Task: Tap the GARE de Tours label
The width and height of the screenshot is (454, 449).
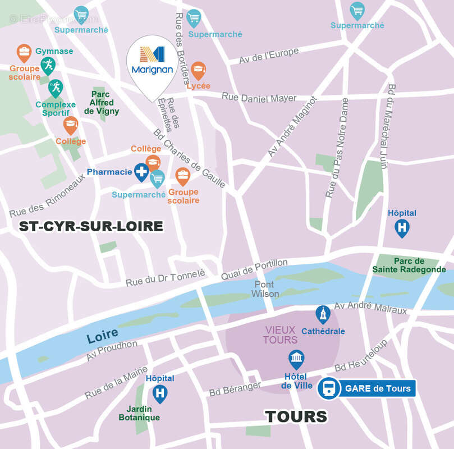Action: click(377, 388)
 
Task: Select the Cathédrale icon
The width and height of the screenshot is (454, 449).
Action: click(323, 315)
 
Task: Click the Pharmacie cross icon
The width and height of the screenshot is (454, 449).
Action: click(141, 172)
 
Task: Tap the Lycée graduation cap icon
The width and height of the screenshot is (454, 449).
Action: click(198, 71)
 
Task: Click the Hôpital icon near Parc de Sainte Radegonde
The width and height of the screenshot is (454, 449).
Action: click(402, 228)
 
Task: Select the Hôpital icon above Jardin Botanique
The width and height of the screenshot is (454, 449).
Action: click(160, 393)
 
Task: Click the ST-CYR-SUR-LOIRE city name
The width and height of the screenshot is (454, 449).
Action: click(91, 227)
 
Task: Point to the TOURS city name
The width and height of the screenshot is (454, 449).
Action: click(296, 416)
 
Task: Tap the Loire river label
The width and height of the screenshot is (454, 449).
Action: click(103, 336)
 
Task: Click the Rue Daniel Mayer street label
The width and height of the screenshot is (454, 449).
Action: click(259, 98)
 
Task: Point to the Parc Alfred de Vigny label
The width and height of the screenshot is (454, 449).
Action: click(102, 103)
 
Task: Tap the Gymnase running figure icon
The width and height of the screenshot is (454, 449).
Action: click(48, 65)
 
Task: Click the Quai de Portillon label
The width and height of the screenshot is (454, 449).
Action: click(254, 270)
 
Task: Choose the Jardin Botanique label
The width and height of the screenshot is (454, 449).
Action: click(139, 413)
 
